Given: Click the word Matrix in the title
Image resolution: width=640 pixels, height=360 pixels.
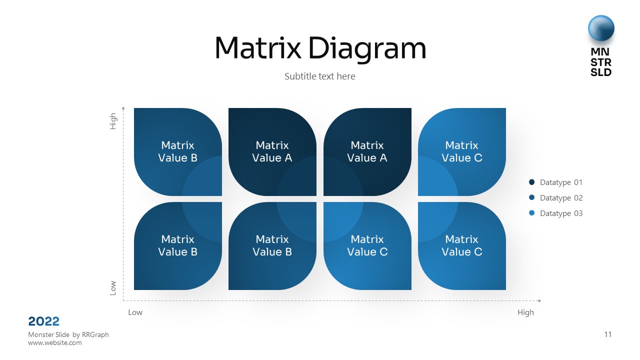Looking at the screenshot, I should coord(257,48).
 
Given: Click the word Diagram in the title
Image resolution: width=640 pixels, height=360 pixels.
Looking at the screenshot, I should coord(367,49).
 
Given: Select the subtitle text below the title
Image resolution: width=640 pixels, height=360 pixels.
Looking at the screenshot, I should coord(320,76).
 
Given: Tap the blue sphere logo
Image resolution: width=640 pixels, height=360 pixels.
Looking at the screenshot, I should coord(601,28).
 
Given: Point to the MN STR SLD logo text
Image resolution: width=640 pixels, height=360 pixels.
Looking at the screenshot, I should coord(601,62).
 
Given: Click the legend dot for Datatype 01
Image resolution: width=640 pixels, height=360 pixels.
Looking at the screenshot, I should coord(531,182).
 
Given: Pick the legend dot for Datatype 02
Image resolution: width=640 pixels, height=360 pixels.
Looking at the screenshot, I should coord(531,198).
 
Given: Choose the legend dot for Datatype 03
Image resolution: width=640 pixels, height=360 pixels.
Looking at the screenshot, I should coord(531,213).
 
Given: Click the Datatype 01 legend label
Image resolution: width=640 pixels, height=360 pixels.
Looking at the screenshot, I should coord(561,182).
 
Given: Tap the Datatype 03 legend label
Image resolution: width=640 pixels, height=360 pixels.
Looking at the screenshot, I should coord(561,213).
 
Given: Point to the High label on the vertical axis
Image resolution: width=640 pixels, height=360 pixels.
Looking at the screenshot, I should coord(113,121).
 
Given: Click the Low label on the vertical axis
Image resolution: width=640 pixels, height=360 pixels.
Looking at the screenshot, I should coord(113,287).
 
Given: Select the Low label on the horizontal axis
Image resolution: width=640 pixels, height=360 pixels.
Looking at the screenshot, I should coord(135,312).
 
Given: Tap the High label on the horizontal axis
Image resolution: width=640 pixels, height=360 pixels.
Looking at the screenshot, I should coord(525,312).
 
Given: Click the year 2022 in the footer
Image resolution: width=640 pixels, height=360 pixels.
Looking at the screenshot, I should coord(44,321).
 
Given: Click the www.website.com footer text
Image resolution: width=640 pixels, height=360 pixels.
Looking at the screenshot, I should coord(55,343).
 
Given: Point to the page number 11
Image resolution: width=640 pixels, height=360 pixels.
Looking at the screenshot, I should coord(607,334).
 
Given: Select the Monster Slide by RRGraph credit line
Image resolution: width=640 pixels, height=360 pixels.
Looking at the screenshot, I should coord(68,334).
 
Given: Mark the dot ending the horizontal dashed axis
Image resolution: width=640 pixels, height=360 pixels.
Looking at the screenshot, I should coord(539,301).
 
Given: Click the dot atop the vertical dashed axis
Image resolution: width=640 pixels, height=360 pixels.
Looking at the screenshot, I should coord(123,107).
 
